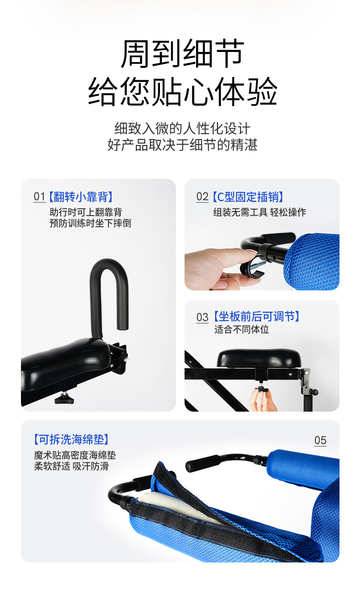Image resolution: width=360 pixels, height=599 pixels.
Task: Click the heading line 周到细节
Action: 182,54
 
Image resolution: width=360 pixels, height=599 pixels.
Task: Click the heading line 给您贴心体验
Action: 182,92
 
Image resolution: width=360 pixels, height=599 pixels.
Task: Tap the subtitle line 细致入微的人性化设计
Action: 182,128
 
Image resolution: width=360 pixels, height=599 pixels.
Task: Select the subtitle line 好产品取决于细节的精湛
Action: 182,145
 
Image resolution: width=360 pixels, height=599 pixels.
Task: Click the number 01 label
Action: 39,197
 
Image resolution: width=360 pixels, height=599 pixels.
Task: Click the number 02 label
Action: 202,197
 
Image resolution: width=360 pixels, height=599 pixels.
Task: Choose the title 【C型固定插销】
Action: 248,197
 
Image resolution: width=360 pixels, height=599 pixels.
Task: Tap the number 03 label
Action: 202,317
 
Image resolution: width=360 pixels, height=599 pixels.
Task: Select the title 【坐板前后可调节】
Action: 257,317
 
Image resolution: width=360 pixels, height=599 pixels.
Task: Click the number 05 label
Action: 320,440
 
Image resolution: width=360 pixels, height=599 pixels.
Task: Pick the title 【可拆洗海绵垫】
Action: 71,439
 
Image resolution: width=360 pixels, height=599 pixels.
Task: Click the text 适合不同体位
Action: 242,329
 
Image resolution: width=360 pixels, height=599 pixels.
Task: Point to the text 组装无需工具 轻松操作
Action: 259,212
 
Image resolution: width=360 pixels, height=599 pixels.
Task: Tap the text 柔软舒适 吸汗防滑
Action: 71,466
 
